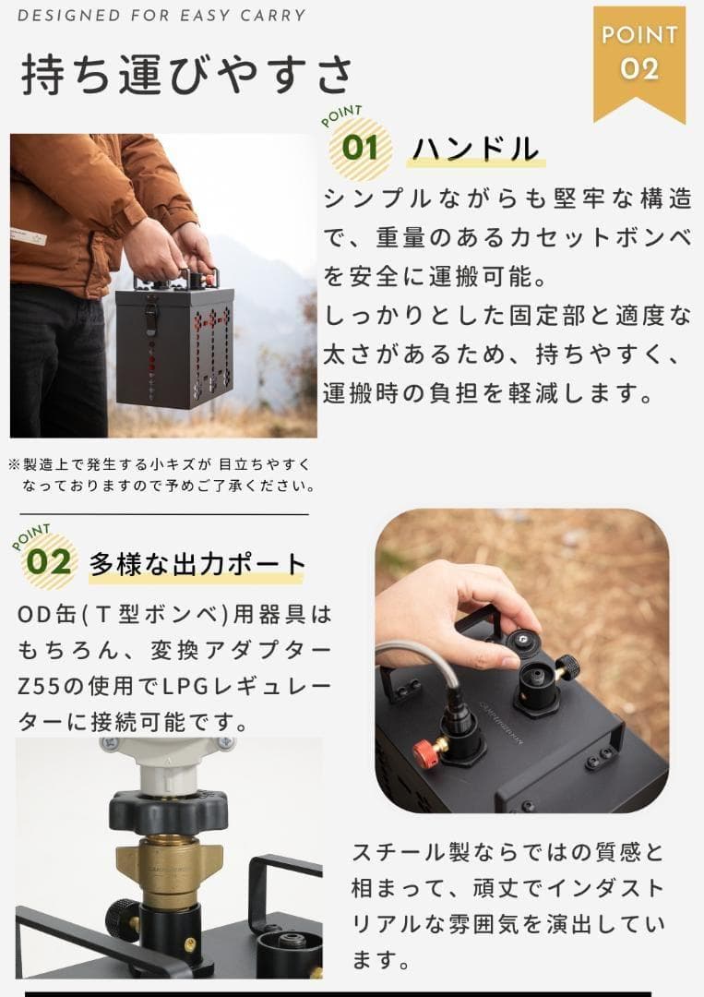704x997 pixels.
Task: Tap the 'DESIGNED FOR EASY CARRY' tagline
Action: point(161,16)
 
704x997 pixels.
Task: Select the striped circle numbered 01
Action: point(361,148)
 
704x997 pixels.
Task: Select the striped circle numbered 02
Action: point(49,561)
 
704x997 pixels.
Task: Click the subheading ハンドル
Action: point(474,149)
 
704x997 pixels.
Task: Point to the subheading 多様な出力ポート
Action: point(197,563)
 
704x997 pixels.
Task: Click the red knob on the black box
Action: point(425,752)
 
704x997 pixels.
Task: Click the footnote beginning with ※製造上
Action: point(161,474)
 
